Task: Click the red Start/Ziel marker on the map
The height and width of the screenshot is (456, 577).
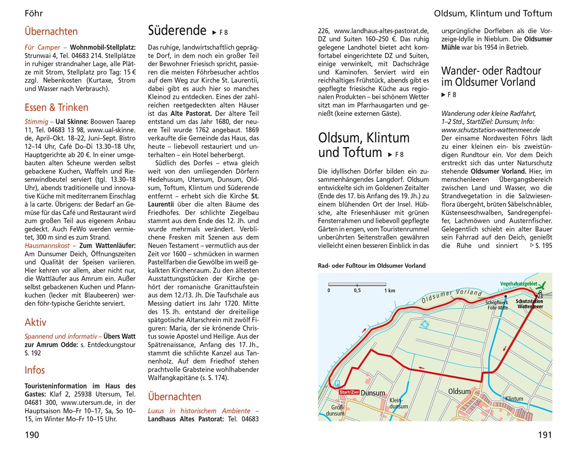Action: click(349, 392)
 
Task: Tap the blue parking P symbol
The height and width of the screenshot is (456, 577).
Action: click(337, 383)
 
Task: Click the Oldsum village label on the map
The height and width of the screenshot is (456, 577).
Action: click(459, 391)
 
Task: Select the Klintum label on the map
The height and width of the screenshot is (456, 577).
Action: click(514, 399)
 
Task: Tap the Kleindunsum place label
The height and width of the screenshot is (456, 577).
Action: click(399, 403)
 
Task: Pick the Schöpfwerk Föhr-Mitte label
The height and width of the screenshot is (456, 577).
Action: click(497, 305)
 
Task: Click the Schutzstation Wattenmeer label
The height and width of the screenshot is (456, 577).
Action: click(530, 304)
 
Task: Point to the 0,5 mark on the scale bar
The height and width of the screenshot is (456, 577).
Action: click(357, 291)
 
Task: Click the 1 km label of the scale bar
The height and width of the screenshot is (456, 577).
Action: click(390, 291)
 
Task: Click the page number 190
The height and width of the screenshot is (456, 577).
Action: click(32, 435)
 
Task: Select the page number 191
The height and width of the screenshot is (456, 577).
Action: click(545, 435)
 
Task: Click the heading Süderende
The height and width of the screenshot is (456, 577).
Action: click(177, 30)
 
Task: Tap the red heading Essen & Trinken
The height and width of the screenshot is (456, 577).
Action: click(57, 108)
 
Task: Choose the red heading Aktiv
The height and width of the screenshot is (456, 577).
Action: click(35, 322)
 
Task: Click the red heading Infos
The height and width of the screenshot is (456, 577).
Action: click(35, 370)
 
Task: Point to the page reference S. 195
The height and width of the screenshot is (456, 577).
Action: click(541, 246)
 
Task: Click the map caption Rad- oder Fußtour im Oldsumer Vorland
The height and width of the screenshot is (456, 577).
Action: click(372, 266)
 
